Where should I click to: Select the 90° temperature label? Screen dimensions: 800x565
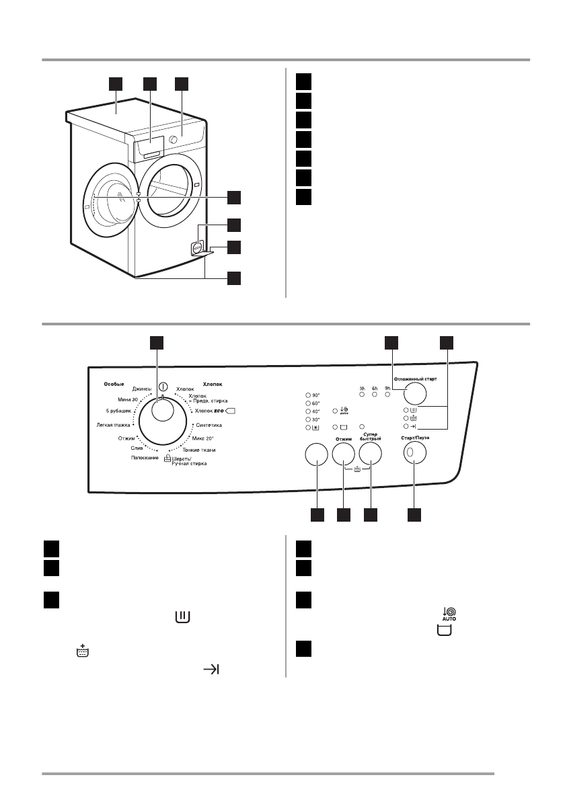click(316, 395)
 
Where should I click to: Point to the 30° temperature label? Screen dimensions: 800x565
click(316, 419)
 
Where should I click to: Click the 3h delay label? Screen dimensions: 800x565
click(362, 389)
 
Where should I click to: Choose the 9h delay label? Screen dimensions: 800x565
click(387, 389)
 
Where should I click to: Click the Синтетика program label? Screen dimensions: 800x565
click(209, 426)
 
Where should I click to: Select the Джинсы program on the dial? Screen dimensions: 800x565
click(142, 389)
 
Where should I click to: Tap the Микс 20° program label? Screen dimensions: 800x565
click(202, 438)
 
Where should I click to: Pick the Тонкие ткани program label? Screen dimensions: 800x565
click(199, 449)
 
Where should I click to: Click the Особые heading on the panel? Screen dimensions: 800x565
click(114, 384)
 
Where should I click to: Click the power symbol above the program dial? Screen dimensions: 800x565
click(163, 387)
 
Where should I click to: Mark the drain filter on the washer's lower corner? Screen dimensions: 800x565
click(198, 247)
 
